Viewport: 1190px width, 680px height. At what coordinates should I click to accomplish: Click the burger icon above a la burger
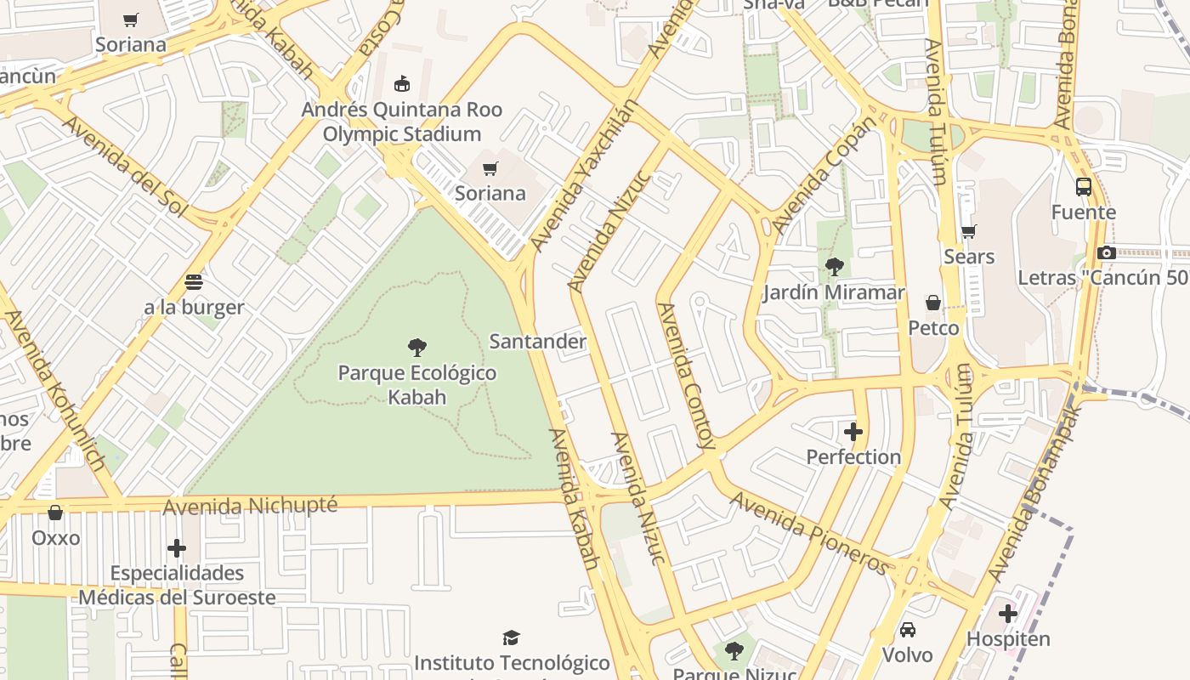194,281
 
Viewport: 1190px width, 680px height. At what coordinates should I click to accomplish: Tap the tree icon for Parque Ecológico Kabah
416,347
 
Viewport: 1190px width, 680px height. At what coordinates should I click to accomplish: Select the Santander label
537,342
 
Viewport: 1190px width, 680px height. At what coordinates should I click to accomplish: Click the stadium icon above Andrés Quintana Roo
401,84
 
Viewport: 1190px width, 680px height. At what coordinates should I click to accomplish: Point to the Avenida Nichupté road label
250,506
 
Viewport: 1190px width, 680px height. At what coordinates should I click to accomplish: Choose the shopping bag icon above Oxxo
55,513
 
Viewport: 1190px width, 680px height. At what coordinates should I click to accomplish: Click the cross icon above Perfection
853,432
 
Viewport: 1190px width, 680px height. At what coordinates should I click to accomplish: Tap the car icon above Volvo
907,630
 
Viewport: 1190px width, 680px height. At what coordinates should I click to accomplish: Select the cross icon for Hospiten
1008,614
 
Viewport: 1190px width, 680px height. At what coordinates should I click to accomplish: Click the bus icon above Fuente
1084,187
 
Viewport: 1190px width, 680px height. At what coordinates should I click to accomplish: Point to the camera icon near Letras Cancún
1106,252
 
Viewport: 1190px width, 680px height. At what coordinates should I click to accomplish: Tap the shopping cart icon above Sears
968,231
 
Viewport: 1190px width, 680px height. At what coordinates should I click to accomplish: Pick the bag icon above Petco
932,303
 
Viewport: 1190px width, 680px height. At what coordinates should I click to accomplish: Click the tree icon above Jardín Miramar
834,267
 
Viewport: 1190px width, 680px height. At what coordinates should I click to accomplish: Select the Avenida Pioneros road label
811,533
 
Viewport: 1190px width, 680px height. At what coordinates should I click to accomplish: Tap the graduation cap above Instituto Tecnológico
511,637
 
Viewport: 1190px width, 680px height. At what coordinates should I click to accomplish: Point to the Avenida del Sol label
125,166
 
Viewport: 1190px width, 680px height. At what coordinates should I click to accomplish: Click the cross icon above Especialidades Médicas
177,548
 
